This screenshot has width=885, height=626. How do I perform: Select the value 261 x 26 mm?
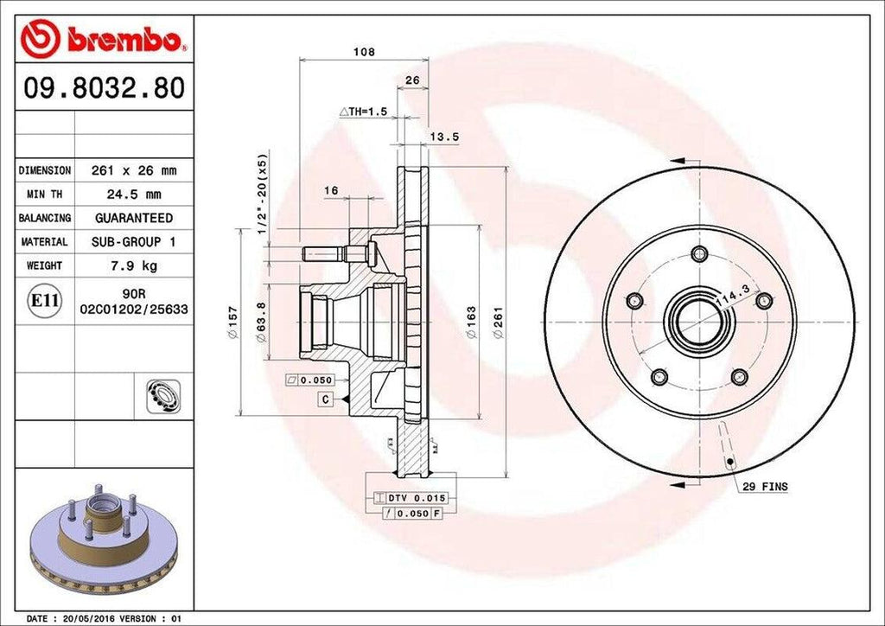(134, 170)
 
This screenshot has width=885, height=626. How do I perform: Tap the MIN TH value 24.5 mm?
(134, 195)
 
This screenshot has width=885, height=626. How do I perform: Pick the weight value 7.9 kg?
(134, 265)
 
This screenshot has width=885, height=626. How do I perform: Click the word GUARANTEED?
(134, 218)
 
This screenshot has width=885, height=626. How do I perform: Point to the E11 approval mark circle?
(45, 301)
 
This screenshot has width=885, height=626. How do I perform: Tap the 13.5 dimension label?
(444, 137)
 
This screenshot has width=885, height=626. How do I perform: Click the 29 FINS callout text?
(765, 488)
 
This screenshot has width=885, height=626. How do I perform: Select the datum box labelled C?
(325, 399)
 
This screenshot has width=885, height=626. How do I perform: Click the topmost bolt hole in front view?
(699, 254)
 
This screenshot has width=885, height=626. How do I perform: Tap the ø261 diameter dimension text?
(498, 322)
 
